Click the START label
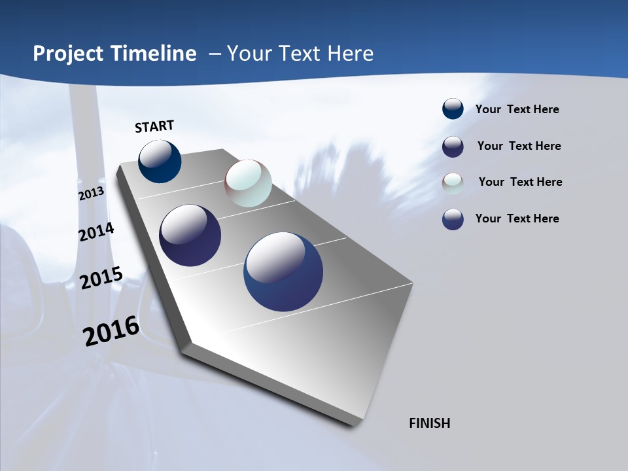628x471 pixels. (x=154, y=126)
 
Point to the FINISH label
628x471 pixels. (x=429, y=423)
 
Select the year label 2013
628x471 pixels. (x=92, y=194)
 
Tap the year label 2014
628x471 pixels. (x=96, y=232)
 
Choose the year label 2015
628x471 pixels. (x=101, y=277)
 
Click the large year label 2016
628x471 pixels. (x=111, y=331)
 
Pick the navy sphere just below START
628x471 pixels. (x=160, y=162)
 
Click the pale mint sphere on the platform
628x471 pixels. (x=248, y=183)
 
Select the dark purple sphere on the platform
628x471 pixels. (x=190, y=235)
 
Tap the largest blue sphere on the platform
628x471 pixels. (x=283, y=271)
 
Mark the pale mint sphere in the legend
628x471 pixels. (x=453, y=183)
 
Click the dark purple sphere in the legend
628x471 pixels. (x=453, y=147)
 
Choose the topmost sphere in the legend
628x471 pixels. (x=453, y=109)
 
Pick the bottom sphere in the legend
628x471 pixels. (x=453, y=219)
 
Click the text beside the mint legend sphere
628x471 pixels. (x=520, y=182)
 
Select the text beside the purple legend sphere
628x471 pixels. (x=519, y=146)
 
